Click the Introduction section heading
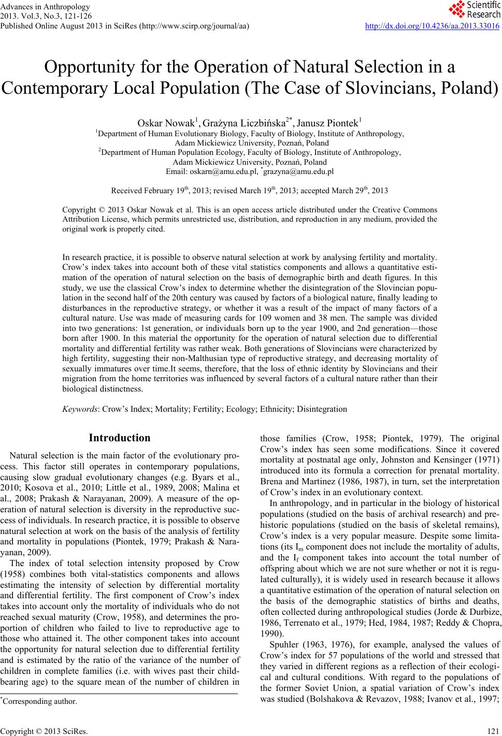point(120,438)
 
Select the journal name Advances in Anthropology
point(46,7)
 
